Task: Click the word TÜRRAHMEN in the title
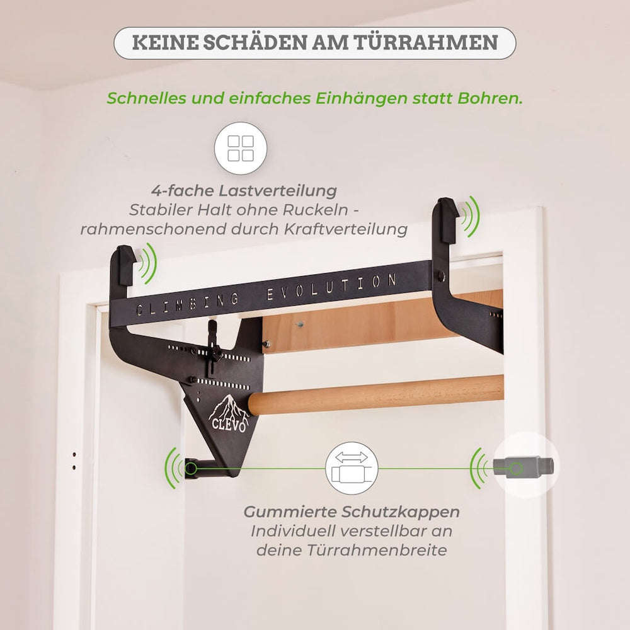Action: [428, 43]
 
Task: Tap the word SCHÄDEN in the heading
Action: [258, 43]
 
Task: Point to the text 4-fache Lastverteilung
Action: [244, 190]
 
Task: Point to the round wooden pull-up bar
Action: [378, 394]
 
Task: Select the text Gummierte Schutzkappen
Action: [352, 511]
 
